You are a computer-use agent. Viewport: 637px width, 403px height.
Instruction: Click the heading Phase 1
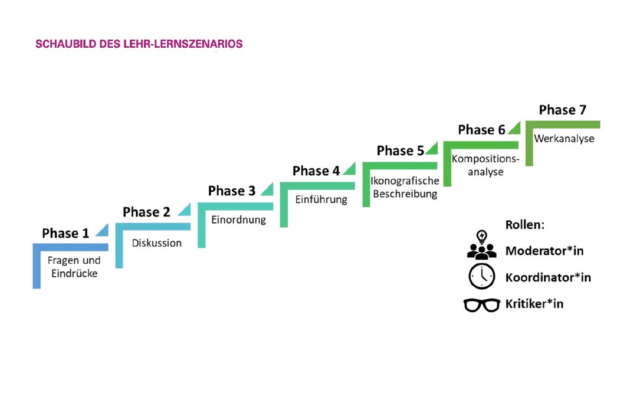pos(65,233)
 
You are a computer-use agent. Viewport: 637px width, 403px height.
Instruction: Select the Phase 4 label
pos(316,171)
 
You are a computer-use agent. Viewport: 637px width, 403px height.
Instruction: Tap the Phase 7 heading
pos(563,110)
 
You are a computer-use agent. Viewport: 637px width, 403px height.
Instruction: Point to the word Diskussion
pos(157,243)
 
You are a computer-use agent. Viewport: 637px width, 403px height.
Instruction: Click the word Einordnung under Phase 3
pos(238,219)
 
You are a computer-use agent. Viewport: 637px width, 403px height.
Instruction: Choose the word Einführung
pos(321,199)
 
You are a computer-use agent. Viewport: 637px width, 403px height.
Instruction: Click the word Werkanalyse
pos(564,139)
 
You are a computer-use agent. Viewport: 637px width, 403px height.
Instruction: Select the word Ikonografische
pos(405,181)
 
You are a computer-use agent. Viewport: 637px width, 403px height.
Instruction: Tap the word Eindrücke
pos(74,273)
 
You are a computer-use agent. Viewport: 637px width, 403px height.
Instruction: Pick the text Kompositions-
pos(485,159)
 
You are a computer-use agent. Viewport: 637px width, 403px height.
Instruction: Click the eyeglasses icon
pos(482,305)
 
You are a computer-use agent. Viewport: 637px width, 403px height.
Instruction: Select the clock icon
pos(482,276)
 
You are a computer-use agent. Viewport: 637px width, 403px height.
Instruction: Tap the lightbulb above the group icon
pos(482,237)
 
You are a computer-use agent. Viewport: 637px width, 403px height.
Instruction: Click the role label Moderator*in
pos(544,251)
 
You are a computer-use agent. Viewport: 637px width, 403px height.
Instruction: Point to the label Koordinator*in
pos(548,277)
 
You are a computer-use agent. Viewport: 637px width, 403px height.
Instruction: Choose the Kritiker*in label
pos(534,304)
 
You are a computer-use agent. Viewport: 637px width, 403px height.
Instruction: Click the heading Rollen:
pos(525,225)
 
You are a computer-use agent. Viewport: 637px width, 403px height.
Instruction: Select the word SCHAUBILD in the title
pos(66,44)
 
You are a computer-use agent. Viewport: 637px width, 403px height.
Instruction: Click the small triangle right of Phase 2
pos(186,211)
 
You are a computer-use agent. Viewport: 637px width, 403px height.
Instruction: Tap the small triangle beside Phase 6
pos(515,129)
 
